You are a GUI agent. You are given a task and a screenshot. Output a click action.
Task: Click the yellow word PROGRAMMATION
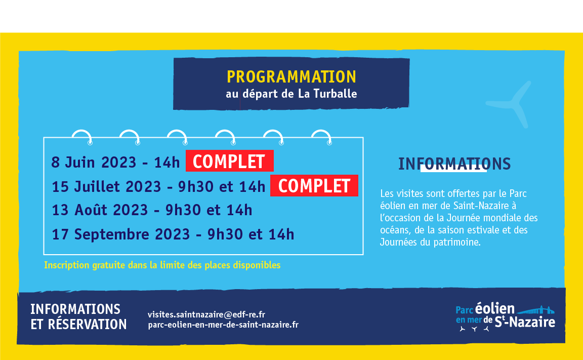tap(291, 77)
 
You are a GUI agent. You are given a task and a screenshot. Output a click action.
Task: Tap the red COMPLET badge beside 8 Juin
tap(229, 161)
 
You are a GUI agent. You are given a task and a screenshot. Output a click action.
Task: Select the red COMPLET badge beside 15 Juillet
tap(314, 186)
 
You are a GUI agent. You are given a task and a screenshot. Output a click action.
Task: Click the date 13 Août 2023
tap(100, 210)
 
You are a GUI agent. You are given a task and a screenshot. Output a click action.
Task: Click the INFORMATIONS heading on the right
tap(454, 164)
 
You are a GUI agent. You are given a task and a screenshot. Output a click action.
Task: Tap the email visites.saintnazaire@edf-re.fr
tap(206, 314)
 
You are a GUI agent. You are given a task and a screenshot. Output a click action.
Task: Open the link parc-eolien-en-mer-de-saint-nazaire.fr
tap(223, 325)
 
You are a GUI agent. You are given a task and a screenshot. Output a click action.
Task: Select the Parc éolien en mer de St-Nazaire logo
tap(505, 317)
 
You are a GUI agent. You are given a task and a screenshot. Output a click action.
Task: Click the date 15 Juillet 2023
tap(106, 186)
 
